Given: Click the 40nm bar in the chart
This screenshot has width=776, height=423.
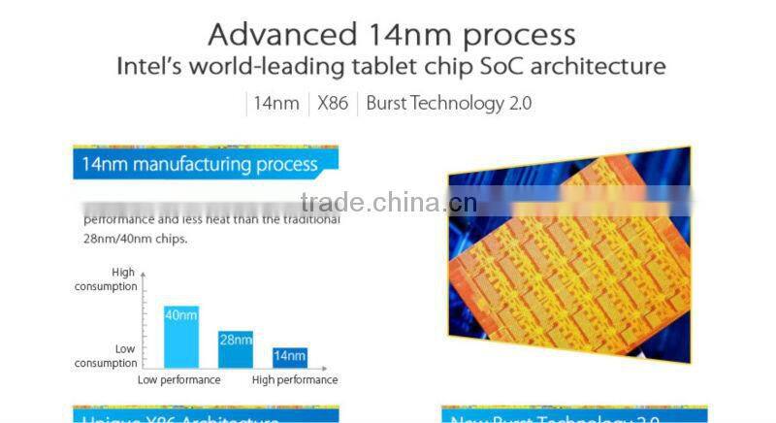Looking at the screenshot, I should pyautogui.click(x=181, y=336).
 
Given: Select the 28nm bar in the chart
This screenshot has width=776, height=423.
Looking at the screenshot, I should pyautogui.click(x=235, y=348).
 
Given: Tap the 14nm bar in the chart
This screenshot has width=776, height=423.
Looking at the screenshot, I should pyautogui.click(x=289, y=357).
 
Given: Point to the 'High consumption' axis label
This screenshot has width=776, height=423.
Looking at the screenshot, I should pyautogui.click(x=107, y=279).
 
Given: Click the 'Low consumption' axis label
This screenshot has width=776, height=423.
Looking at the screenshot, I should pyautogui.click(x=107, y=355).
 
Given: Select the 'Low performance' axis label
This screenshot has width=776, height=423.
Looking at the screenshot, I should pyautogui.click(x=178, y=380).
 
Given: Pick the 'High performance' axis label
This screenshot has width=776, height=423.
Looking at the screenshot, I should pyautogui.click(x=295, y=380).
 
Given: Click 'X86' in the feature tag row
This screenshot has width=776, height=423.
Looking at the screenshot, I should pyautogui.click(x=333, y=103).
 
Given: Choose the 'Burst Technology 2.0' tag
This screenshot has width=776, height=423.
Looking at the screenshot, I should pyautogui.click(x=448, y=103).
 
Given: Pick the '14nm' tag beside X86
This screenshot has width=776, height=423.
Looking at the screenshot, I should pyautogui.click(x=276, y=103).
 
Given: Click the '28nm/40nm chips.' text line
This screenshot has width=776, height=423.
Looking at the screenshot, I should pyautogui.click(x=135, y=239).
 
